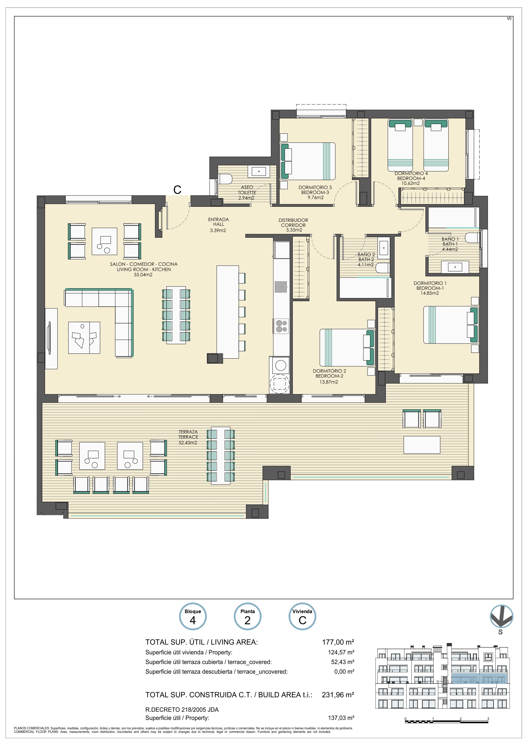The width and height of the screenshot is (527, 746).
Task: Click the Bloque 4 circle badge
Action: [192, 616]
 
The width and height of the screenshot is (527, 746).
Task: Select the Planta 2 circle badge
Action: [247, 616]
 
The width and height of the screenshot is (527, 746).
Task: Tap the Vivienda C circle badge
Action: [302, 616]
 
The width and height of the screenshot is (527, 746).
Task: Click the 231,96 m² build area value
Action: [338, 695]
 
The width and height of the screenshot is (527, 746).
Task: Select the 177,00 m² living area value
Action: [338, 642]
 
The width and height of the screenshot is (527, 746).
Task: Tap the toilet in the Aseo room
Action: [225, 179]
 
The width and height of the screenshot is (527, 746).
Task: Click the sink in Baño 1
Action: [455, 267]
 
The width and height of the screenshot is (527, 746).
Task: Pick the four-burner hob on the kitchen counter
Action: [281, 326]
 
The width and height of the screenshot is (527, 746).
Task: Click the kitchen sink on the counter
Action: [281, 287]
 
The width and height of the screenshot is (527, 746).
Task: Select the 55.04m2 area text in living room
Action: [143, 274]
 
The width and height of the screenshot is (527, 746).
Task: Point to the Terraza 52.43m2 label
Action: [188, 437]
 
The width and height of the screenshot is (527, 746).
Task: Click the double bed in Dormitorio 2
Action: [347, 348]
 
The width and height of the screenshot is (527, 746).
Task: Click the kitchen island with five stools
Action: [231, 312]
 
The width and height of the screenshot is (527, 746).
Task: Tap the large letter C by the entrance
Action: [177, 190]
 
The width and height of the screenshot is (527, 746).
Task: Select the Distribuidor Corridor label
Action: [293, 225]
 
